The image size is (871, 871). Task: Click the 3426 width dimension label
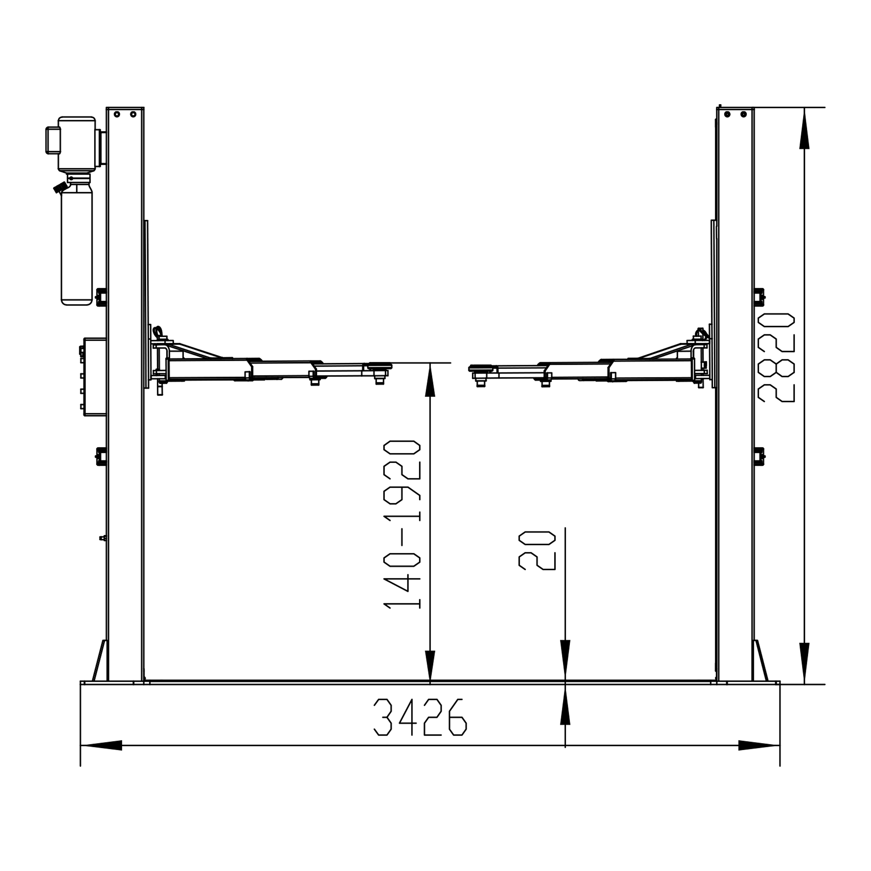[420, 717]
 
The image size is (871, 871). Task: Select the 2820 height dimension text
[776, 357]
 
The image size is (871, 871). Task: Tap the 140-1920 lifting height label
[402, 525]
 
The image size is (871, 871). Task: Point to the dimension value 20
[537, 550]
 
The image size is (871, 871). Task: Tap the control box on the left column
[95, 376]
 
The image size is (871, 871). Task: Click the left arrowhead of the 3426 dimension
[101, 745]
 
